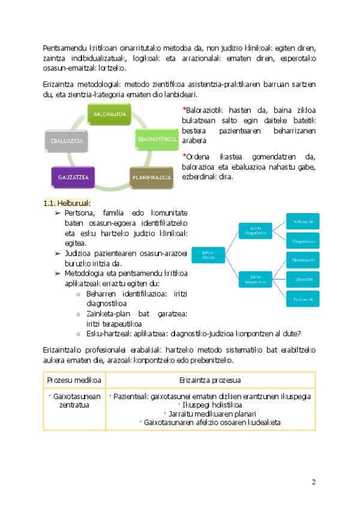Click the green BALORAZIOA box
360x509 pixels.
tap(110, 113)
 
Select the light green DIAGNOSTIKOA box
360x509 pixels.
tap(157, 140)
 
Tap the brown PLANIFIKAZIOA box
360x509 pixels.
tap(152, 177)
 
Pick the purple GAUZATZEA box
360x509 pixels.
tap(73, 177)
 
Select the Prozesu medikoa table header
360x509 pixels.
tap(74, 380)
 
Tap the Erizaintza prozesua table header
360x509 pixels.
tap(210, 380)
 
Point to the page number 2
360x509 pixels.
tap(313, 482)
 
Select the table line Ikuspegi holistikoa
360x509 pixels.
tap(210, 405)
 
